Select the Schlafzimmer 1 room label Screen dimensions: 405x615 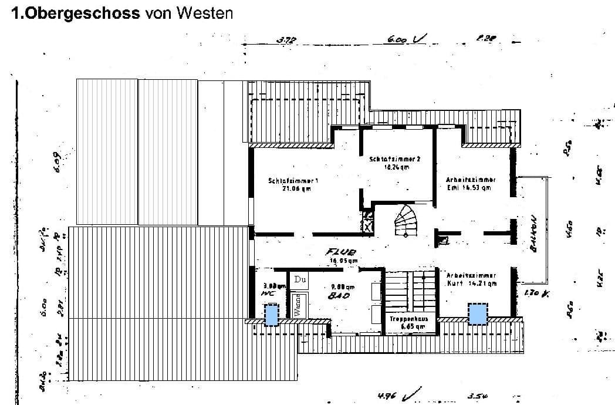click(x=293, y=185)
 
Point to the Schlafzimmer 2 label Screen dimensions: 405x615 click(x=395, y=163)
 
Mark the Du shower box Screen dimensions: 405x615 click(x=300, y=279)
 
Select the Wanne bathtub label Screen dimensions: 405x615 click(x=298, y=307)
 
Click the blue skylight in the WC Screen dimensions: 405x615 click(x=271, y=315)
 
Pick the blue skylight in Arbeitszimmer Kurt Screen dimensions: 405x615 click(x=478, y=313)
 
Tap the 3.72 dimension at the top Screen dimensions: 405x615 click(x=286, y=40)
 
